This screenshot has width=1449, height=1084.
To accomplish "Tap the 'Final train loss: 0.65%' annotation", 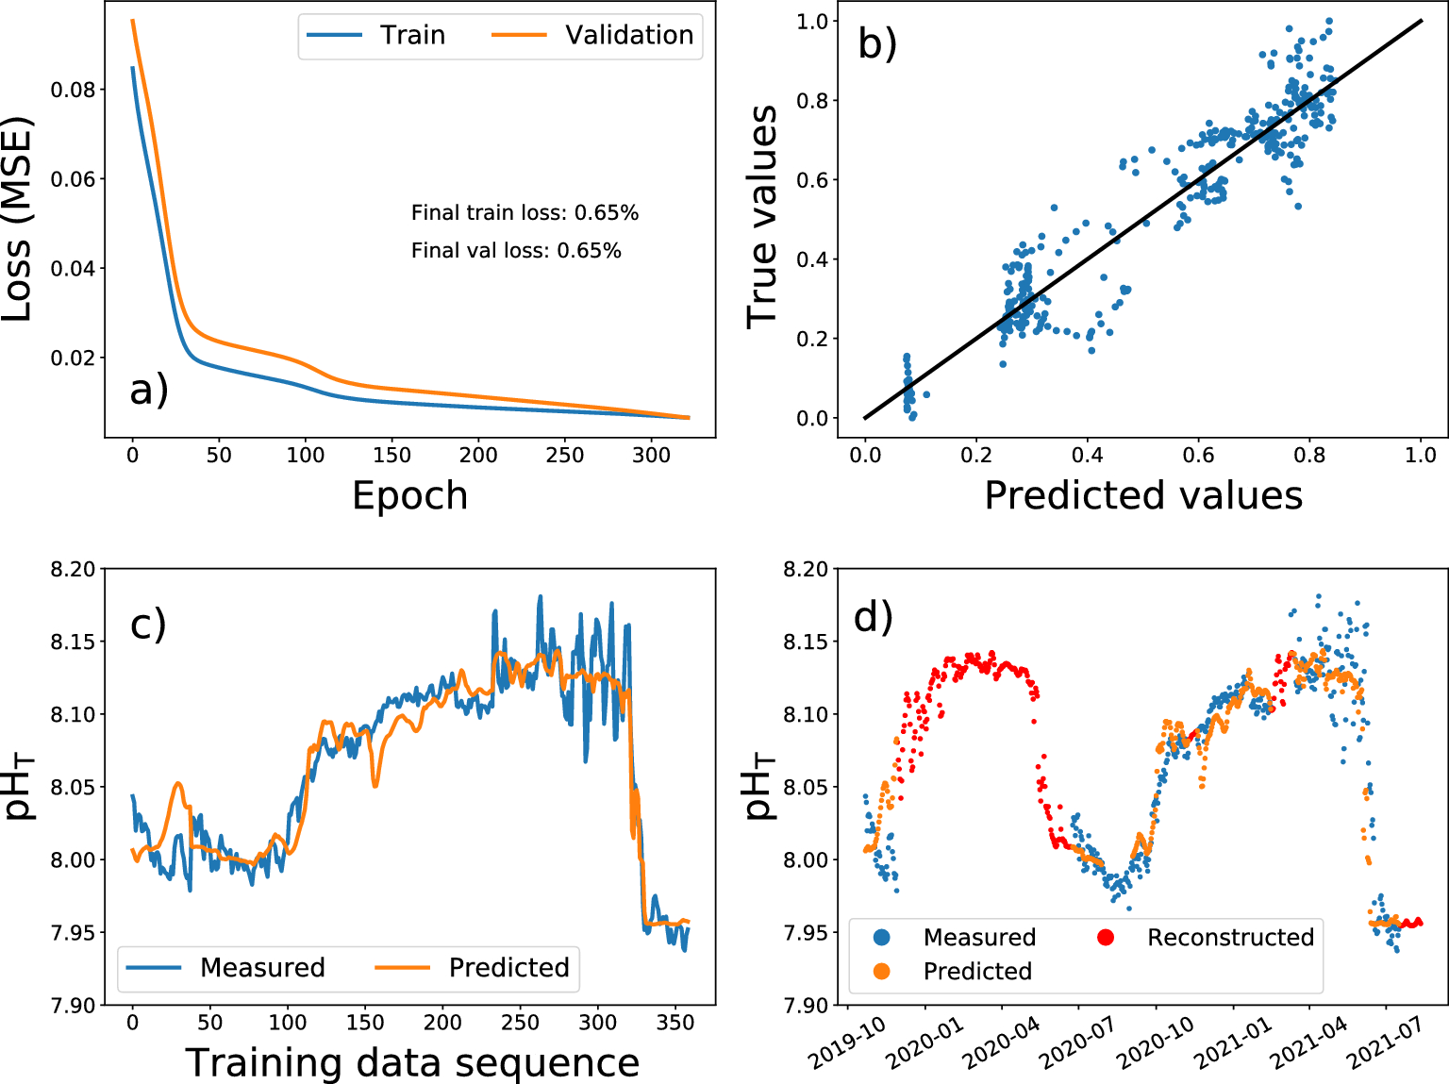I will pos(525,213).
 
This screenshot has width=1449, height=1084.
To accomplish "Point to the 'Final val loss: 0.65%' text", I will pos(516,251).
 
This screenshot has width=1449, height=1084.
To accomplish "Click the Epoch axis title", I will pos(409,495).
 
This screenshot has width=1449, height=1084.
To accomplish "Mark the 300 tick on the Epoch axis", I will pos(651,456).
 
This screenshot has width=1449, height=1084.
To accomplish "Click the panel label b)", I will pos(876,43).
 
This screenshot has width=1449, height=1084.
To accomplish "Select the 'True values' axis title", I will pos(762,217).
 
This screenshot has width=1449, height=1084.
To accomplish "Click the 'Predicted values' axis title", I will pos(1142,495).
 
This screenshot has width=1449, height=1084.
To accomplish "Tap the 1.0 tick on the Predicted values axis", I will pos(1421,456).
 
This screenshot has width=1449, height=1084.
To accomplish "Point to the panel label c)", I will pos(148,625).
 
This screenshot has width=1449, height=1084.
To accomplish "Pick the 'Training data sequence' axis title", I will pos(412,1063).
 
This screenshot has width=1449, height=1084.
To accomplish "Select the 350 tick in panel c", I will pos(675,1023).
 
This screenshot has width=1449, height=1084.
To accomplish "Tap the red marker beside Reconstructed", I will pos(1106,938).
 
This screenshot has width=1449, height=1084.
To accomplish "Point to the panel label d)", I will pos(873,617).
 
